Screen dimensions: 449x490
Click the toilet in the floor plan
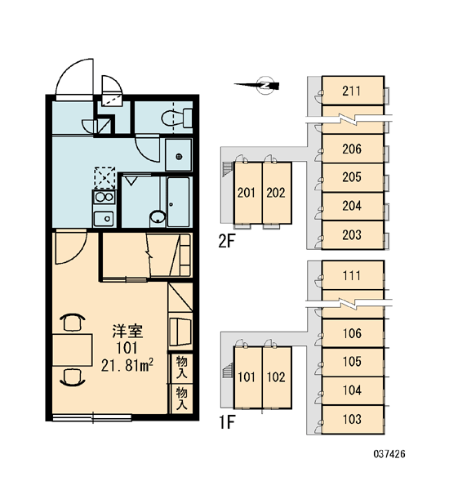177,118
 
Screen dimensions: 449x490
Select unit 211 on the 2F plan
353,91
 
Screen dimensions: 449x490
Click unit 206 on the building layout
353,149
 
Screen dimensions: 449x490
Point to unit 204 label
352,206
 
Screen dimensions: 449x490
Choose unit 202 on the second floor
277,193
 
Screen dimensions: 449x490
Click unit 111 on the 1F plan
353,275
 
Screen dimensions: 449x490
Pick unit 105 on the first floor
353,362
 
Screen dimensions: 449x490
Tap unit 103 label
352,419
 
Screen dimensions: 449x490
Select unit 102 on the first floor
277,377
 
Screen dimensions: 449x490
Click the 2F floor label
226,241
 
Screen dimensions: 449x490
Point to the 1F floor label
227,422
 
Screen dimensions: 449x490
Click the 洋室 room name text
127,332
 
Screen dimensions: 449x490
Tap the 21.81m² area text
127,365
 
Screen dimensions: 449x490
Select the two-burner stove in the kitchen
104,197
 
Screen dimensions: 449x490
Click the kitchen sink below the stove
104,218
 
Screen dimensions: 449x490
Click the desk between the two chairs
72,350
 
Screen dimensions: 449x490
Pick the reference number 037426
389,453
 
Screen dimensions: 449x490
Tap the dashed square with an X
105,177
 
